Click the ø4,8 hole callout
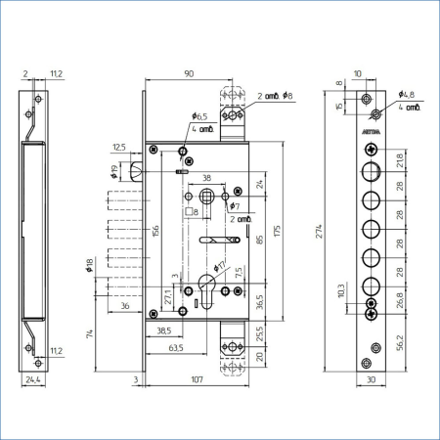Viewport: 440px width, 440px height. pos(408,95)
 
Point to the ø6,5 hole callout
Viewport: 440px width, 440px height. pos(199,116)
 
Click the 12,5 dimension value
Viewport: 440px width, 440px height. pos(119,147)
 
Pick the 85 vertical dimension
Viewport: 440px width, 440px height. pos(260,238)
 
